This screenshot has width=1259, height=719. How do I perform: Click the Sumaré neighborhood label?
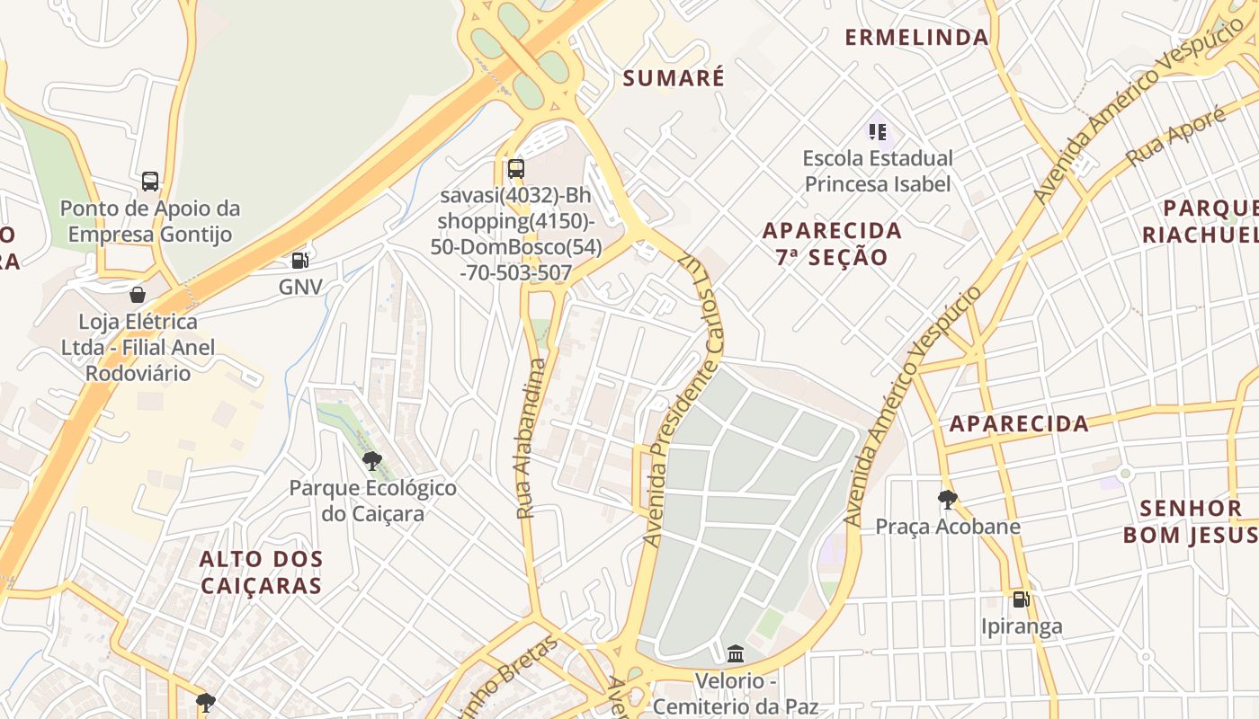[x=674, y=78]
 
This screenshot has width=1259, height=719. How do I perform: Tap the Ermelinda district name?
[x=916, y=38]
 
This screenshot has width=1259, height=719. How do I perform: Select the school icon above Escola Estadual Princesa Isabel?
[x=878, y=132]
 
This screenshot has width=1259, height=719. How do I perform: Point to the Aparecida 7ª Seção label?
[x=832, y=244]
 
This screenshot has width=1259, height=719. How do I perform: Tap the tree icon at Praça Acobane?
[x=947, y=500]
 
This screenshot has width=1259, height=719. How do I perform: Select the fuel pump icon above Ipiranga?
[x=1021, y=599]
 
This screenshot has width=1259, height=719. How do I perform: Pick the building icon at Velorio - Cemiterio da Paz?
[x=736, y=653]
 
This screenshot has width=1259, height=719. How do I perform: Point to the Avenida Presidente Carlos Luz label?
[x=679, y=395]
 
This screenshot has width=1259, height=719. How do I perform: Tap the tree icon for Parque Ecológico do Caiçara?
[x=372, y=462]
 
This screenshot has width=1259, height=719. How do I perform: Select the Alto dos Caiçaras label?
[x=261, y=573]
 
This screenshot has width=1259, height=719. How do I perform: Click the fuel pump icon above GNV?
[x=299, y=261]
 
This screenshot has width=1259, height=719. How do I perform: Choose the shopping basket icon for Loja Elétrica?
[x=138, y=295]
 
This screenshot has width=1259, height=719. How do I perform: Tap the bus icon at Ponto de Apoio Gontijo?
[x=150, y=182]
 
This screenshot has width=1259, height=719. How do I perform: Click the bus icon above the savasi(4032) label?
[x=515, y=168]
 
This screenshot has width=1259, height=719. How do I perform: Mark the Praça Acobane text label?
[x=948, y=527]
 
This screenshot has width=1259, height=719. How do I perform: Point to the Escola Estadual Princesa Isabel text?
[x=878, y=171]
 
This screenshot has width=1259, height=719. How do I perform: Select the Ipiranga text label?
[x=1021, y=626]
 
